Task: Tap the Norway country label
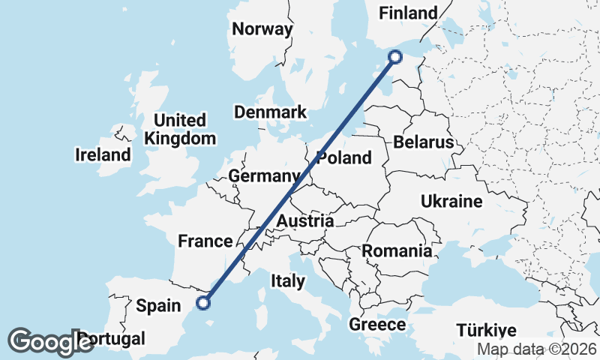[262, 29]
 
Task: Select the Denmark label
[270, 112]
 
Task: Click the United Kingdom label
[180, 129]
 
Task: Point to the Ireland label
[103, 155]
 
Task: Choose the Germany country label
[264, 175]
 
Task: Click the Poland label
[344, 157]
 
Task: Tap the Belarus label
[424, 142]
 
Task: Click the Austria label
[304, 221]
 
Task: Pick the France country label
[205, 241]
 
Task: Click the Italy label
[288, 281]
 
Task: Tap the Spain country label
[158, 305]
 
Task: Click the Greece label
[377, 325]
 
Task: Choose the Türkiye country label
[487, 331]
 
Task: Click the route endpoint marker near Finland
[396, 56]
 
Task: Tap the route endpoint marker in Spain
[202, 303]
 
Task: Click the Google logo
[51, 341]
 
